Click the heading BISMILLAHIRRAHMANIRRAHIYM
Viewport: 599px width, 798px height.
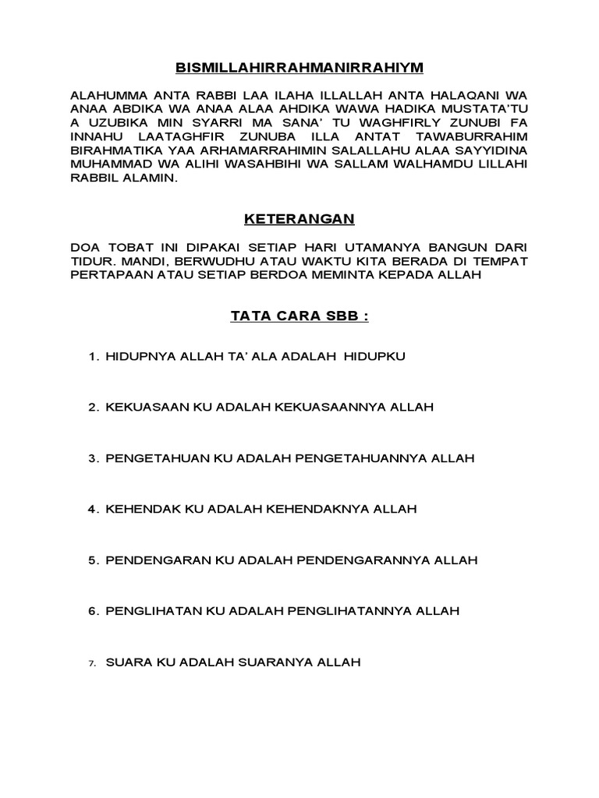(x=299, y=68)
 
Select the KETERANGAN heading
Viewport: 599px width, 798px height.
(x=299, y=221)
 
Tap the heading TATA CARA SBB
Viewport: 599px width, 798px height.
(x=299, y=317)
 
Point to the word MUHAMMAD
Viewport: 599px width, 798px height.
(x=108, y=164)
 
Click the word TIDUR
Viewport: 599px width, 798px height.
(x=89, y=261)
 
